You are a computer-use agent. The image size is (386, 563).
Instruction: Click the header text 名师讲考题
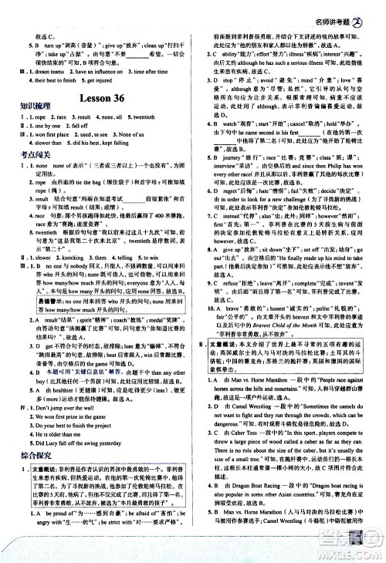[344, 9]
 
